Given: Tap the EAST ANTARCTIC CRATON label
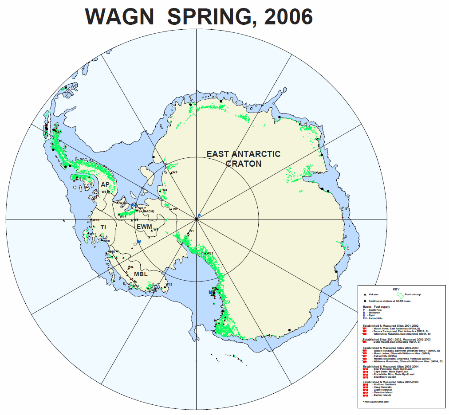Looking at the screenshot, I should [x=244, y=158].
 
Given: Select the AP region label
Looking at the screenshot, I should [x=105, y=184].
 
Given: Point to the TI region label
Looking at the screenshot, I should [x=103, y=227].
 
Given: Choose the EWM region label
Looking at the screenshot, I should [x=144, y=227].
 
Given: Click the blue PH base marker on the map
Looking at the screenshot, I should [x=134, y=205].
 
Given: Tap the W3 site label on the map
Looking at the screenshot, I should [x=175, y=172].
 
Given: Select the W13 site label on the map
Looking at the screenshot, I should [x=210, y=253].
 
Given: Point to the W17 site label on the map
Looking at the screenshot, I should [x=93, y=234].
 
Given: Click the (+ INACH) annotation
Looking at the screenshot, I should [x=146, y=211].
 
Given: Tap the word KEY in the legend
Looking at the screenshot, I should [x=396, y=289].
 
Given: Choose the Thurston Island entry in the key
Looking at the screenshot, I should [x=378, y=393].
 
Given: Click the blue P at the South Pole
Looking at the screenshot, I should [x=199, y=215].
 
